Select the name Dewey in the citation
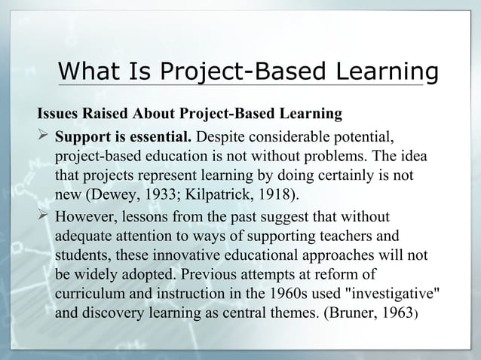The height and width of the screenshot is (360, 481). click(x=115, y=197)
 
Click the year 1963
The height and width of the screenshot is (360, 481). click(x=399, y=315)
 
